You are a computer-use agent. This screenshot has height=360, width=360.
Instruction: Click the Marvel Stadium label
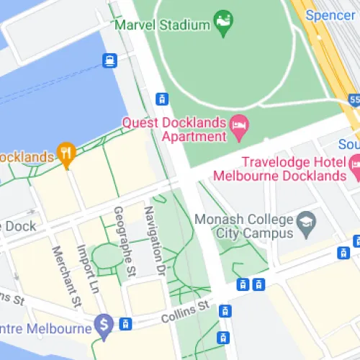pyautogui.click(x=163, y=24)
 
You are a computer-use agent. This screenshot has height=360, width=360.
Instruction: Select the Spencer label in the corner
pyautogui.click(x=330, y=14)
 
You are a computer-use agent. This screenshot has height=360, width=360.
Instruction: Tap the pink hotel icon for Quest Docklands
pyautogui.click(x=239, y=130)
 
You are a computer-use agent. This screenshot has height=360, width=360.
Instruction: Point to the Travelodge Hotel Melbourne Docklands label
pyautogui.click(x=293, y=169)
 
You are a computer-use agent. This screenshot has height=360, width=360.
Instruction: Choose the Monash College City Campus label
pyautogui.click(x=254, y=226)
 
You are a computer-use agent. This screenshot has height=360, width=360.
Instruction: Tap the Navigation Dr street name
pyautogui.click(x=150, y=241)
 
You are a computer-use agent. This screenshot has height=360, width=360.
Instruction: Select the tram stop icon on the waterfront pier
pyautogui.click(x=110, y=60)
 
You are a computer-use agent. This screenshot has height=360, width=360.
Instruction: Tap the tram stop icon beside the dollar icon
pyautogui.click(x=126, y=324)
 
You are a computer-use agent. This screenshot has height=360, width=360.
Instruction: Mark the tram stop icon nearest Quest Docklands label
pyautogui.click(x=163, y=99)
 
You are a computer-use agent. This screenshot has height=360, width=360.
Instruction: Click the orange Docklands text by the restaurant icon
pyautogui.click(x=27, y=157)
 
